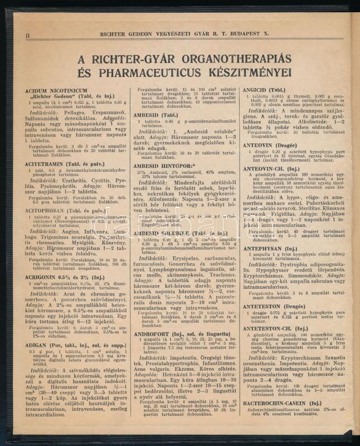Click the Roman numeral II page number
[27, 35]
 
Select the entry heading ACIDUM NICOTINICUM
[56, 90]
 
